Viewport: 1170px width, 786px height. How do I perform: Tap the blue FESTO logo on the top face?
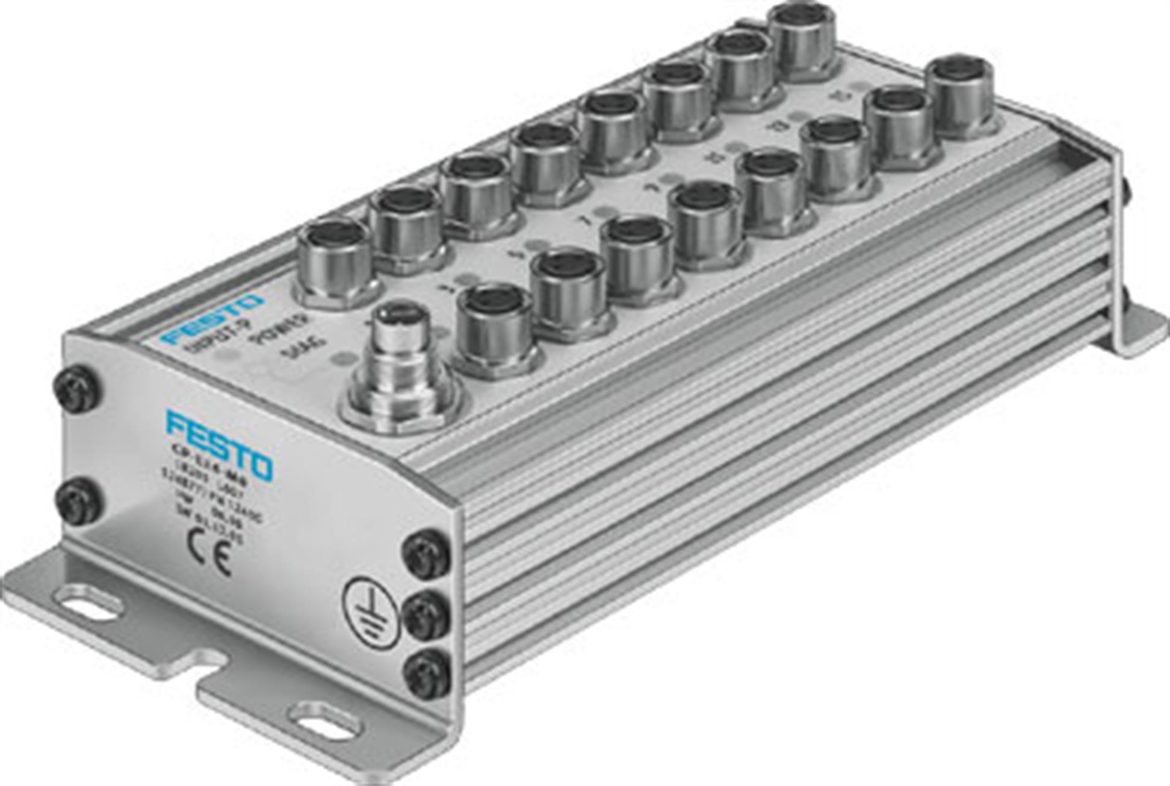click(212, 319)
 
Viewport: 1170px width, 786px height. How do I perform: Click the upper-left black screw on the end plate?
click(76, 390)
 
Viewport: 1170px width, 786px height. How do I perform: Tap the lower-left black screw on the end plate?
click(78, 500)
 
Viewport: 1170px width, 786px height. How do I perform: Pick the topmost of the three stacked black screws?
click(426, 554)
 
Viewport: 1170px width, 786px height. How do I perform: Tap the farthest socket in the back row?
click(805, 39)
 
